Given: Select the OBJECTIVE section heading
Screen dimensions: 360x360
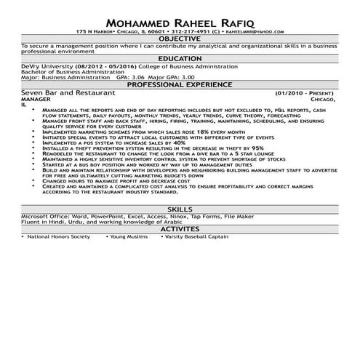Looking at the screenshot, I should [180, 39].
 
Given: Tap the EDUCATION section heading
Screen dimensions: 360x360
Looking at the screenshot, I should [180, 57].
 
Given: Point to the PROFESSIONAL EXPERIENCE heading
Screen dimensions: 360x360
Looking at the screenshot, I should [180, 85].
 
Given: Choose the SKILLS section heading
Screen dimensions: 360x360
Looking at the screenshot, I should [180, 209].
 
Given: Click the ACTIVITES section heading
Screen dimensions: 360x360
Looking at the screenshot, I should [180, 228].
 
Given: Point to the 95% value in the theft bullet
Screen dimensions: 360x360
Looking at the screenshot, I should [257, 149].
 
